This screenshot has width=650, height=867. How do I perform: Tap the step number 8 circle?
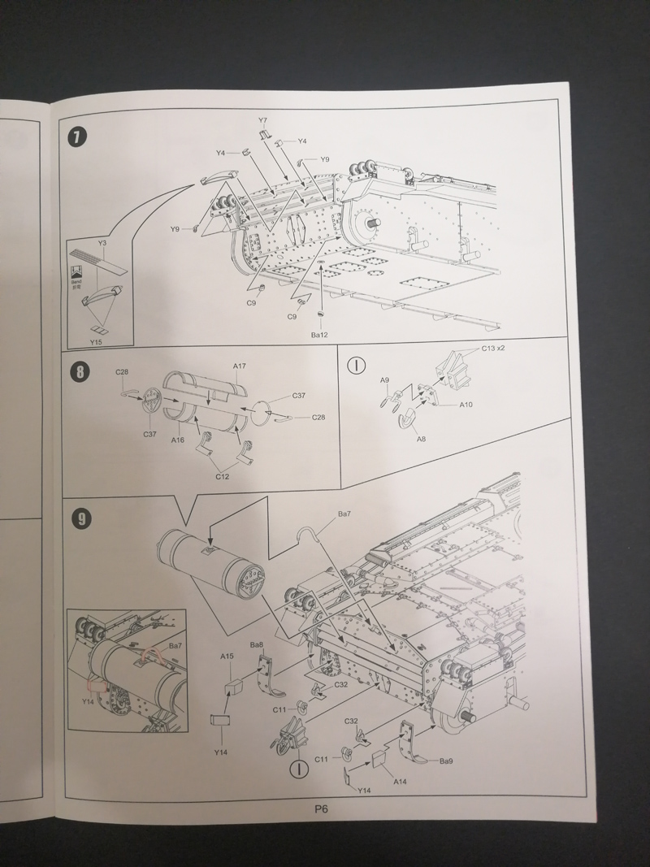pyautogui.click(x=80, y=373)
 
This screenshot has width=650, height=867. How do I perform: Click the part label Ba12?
pyautogui.click(x=320, y=334)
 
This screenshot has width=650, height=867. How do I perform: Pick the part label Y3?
pyautogui.click(x=102, y=243)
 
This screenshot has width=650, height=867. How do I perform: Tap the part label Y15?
pyautogui.click(x=95, y=342)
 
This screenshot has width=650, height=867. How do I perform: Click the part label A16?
pyautogui.click(x=179, y=439)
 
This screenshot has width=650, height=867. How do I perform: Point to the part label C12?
pyautogui.click(x=223, y=476)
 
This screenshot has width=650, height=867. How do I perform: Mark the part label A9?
pyautogui.click(x=385, y=380)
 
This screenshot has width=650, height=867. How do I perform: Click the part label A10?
pyautogui.click(x=466, y=404)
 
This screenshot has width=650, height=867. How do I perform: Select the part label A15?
pyautogui.click(x=227, y=656)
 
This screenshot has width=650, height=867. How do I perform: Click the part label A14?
pyautogui.click(x=399, y=781)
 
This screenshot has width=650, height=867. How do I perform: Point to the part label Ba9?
pyautogui.click(x=446, y=761)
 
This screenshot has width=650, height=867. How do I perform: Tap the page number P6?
pyautogui.click(x=319, y=808)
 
